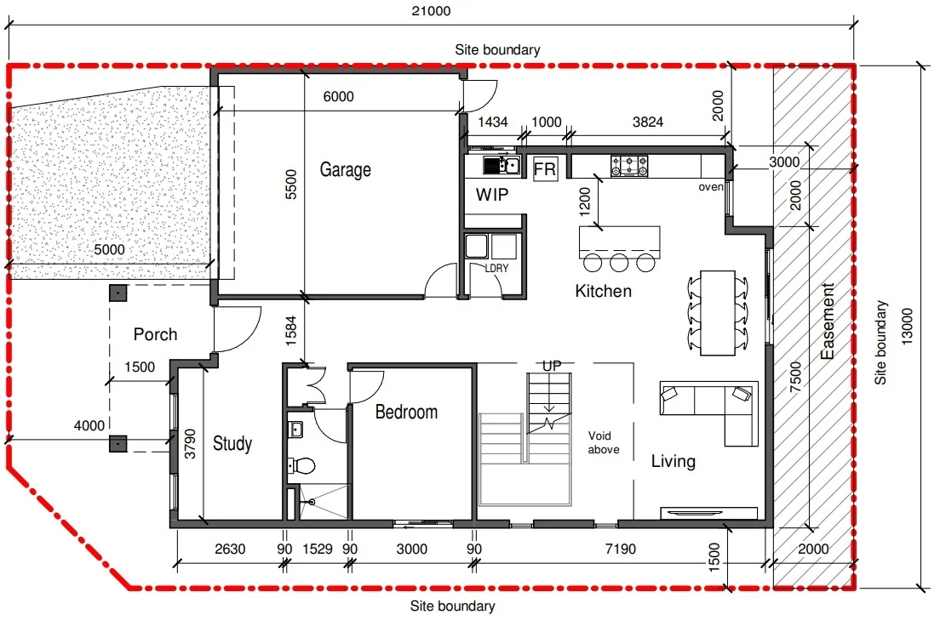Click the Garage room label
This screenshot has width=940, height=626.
pos(345,169)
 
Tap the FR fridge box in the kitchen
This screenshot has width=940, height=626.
pos(545,169)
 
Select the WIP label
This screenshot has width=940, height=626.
pos(492,195)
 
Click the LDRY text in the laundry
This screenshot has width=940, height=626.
pos(496,268)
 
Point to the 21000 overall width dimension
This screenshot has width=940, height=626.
pos(430,11)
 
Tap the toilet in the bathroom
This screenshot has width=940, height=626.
pos(301,465)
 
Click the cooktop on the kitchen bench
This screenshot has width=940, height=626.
pos(629,165)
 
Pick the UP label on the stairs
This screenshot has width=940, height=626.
pos(552,366)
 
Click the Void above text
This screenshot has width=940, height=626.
pos(604,442)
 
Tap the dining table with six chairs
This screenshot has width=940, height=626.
pos(718,312)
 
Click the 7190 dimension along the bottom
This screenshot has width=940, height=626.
pos(620,549)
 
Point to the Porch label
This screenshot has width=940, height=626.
pos(156,334)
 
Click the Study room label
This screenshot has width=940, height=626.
pos(232,443)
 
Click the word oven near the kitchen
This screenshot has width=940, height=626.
pos(710,186)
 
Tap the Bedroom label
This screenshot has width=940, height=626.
pos(407,413)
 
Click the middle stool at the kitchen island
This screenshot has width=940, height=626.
pos(619,261)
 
